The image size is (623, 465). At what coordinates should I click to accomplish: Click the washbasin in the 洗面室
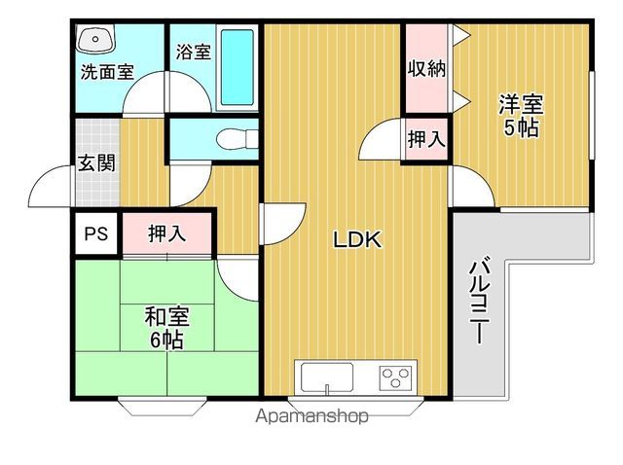95,38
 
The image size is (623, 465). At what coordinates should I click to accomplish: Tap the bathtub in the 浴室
238,67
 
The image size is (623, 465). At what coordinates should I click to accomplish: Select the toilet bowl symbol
238,139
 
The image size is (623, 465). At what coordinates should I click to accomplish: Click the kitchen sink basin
327,377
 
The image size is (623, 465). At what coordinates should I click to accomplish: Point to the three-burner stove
395,377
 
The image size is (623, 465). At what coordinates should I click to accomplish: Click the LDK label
357,240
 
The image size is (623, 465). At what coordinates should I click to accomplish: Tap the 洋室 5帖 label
522,115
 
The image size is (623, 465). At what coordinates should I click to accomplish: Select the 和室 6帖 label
166,328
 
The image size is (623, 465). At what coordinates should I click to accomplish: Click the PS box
96,233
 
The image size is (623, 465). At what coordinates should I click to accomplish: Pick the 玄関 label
96,162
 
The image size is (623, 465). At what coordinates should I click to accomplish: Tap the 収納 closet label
426,69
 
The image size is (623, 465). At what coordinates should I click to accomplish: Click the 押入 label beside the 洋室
426,139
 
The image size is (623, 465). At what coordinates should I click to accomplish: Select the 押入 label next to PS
166,233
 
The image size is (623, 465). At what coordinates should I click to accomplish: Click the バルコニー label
480,301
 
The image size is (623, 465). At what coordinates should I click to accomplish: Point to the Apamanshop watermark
311,416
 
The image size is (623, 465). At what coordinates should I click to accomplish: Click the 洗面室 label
107,72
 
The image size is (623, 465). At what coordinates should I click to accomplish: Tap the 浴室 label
194,52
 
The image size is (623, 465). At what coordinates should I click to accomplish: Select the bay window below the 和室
163,406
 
